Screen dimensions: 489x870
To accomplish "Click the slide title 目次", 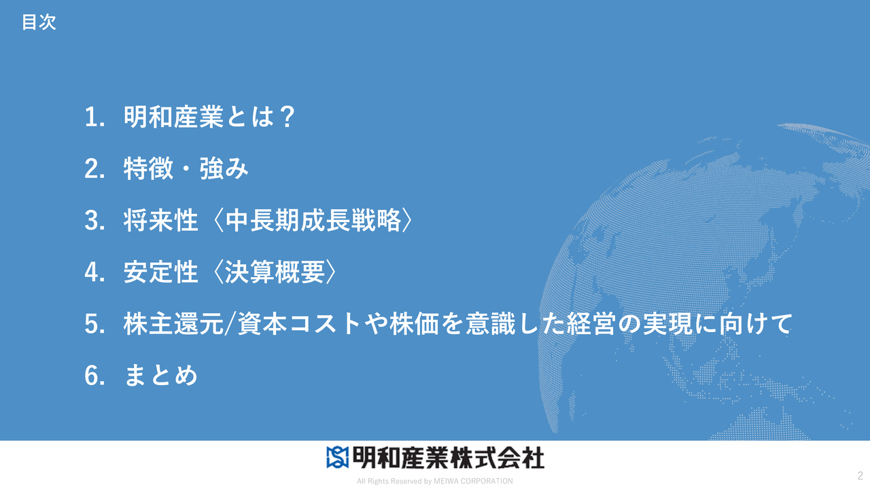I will tap(39, 22).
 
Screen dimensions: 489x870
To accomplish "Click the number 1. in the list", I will tap(94, 117).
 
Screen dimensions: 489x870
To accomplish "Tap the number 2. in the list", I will tap(94, 169).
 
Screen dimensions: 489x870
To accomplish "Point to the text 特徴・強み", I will tap(186, 169).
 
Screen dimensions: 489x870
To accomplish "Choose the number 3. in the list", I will tap(94, 221).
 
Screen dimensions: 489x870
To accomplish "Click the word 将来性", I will tap(161, 221).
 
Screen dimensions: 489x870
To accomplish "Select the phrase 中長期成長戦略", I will tap(313, 221).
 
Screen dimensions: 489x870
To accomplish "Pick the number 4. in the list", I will tap(94, 273).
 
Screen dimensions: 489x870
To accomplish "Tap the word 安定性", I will tap(161, 273).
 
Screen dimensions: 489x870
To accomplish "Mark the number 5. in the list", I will tap(94, 325).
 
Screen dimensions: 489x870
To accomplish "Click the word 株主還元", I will tap(173, 325).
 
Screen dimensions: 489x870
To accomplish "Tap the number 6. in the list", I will tap(94, 376).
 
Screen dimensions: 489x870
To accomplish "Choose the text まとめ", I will tap(161, 376).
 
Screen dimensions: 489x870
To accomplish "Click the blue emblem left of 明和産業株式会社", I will tap(337, 457).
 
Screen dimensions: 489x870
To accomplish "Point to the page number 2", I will tap(860, 475).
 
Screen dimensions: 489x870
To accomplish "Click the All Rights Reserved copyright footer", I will tap(435, 481).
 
